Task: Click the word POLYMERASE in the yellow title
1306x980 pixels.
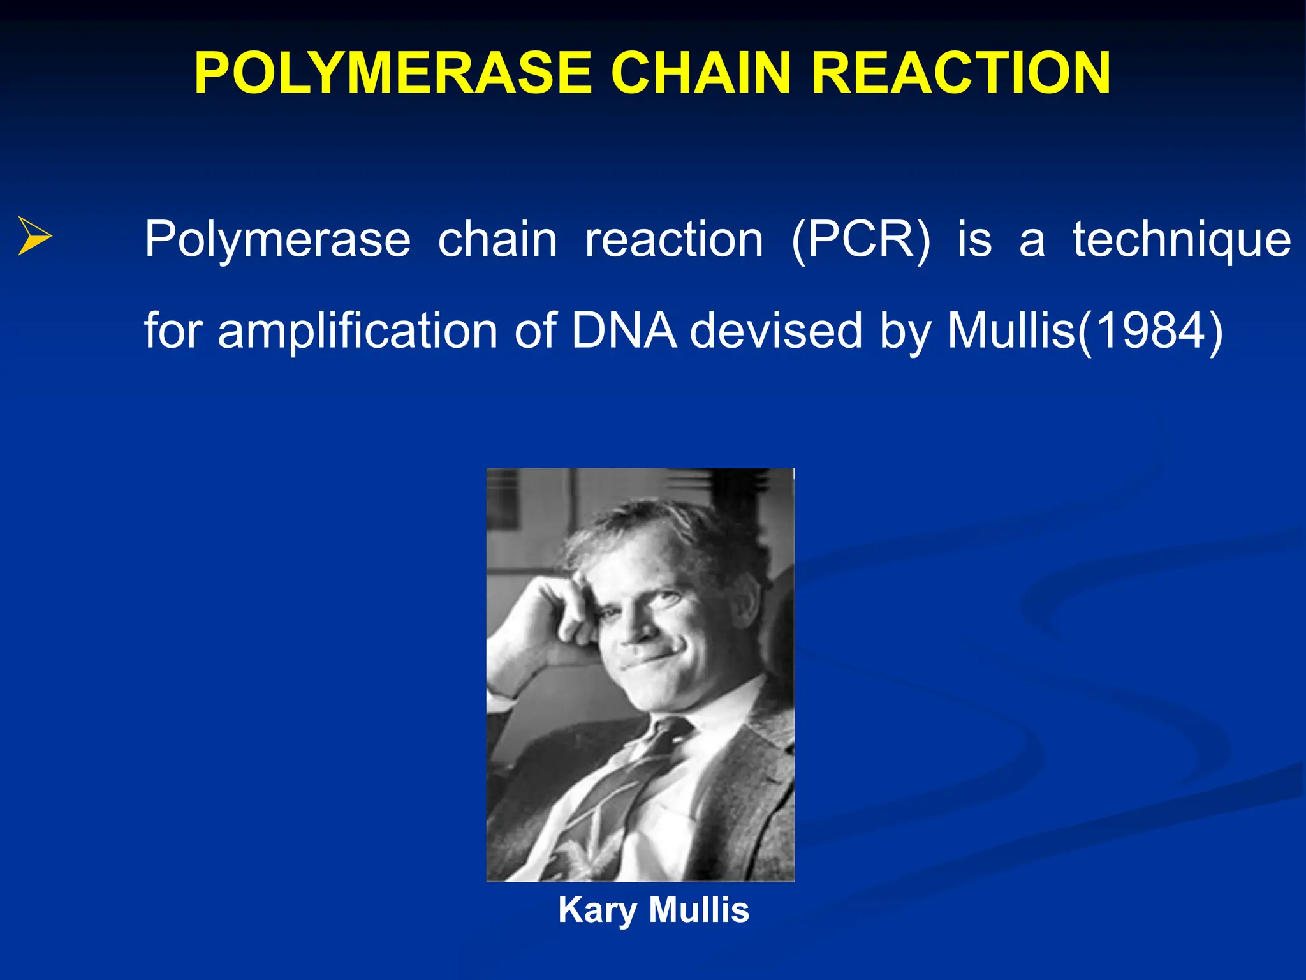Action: point(393,73)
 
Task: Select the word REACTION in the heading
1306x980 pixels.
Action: point(961,73)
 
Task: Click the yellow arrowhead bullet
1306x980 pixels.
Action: point(34,236)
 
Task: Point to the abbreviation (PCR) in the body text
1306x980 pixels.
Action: point(860,240)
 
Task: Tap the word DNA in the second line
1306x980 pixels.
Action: point(624,330)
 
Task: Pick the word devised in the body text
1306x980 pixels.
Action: point(776,330)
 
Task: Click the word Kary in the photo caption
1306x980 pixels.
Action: point(597,910)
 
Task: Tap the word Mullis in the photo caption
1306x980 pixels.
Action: point(699,909)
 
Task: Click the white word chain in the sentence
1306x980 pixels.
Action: point(497,240)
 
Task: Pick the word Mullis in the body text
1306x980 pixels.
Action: point(1011,330)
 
